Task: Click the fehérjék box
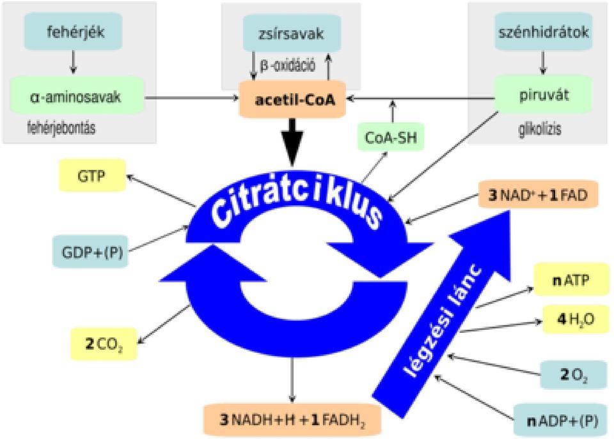73,31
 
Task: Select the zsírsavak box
292,33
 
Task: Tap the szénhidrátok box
544,31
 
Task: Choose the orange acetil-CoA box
292,100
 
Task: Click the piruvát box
543,95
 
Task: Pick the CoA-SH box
391,137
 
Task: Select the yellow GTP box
92,176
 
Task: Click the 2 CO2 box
104,344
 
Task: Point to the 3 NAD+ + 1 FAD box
539,194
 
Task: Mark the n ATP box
572,280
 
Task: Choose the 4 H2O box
576,319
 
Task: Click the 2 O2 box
574,375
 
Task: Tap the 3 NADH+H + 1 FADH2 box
292,420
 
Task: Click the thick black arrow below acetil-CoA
292,142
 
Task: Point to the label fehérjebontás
61,128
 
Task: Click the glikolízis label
540,128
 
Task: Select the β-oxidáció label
288,65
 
